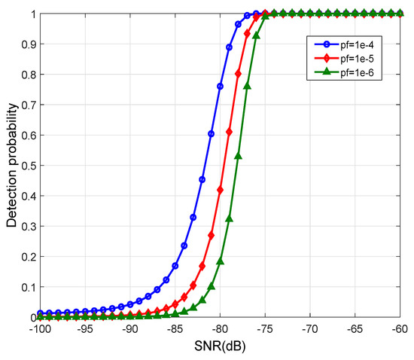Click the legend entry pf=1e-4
tap(352, 44)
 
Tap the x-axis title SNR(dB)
tap(220, 346)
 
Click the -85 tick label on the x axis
tap(175, 329)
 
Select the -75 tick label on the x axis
tap(265, 329)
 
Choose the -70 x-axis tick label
tap(310, 329)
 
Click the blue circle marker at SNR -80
tap(220, 87)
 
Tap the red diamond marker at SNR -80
tap(220, 190)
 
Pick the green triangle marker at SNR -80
tap(220, 261)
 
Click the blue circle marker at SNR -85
tap(175, 266)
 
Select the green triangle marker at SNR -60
tap(400, 14)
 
